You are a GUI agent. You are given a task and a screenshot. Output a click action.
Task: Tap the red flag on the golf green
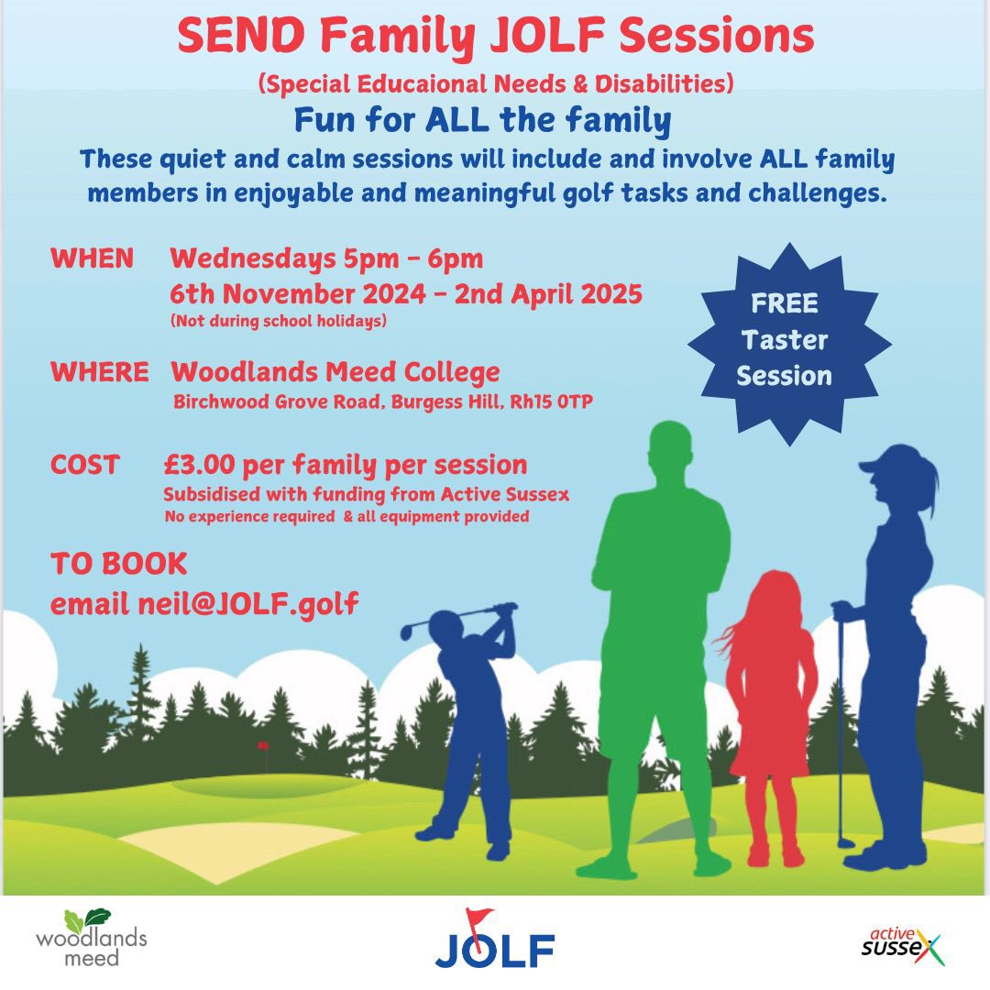point(262,746)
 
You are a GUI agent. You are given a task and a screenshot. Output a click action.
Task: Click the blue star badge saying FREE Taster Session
point(785,340)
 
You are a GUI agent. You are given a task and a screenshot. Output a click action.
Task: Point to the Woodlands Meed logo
point(91,937)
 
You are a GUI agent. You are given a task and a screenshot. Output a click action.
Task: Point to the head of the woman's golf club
point(845,841)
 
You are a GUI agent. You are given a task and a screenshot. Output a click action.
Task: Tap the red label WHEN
point(92,258)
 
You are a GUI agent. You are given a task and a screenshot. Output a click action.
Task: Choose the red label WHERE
point(99,372)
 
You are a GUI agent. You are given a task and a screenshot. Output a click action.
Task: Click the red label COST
point(85,465)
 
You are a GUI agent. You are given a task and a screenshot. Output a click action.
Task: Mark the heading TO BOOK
point(119,563)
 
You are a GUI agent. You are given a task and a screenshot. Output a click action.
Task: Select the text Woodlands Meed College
point(335,372)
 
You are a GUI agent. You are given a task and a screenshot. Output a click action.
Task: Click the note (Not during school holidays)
point(278,321)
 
